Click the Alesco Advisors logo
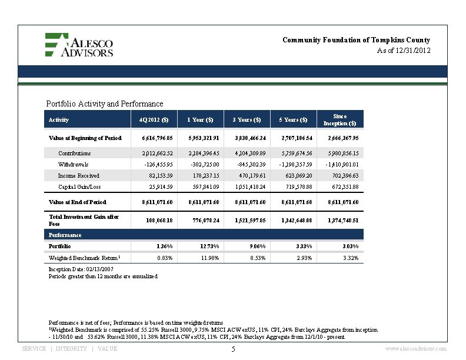click(79, 45)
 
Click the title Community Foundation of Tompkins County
click(356, 40)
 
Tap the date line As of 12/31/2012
click(404, 51)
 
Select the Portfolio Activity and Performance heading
click(104, 104)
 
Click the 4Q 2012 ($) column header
click(154, 120)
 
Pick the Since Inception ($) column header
click(339, 120)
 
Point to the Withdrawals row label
click(73, 165)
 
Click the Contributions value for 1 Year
click(201, 153)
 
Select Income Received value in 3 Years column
click(249, 176)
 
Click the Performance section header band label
click(65, 235)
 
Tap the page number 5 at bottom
click(233, 349)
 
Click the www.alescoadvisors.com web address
click(415, 349)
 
